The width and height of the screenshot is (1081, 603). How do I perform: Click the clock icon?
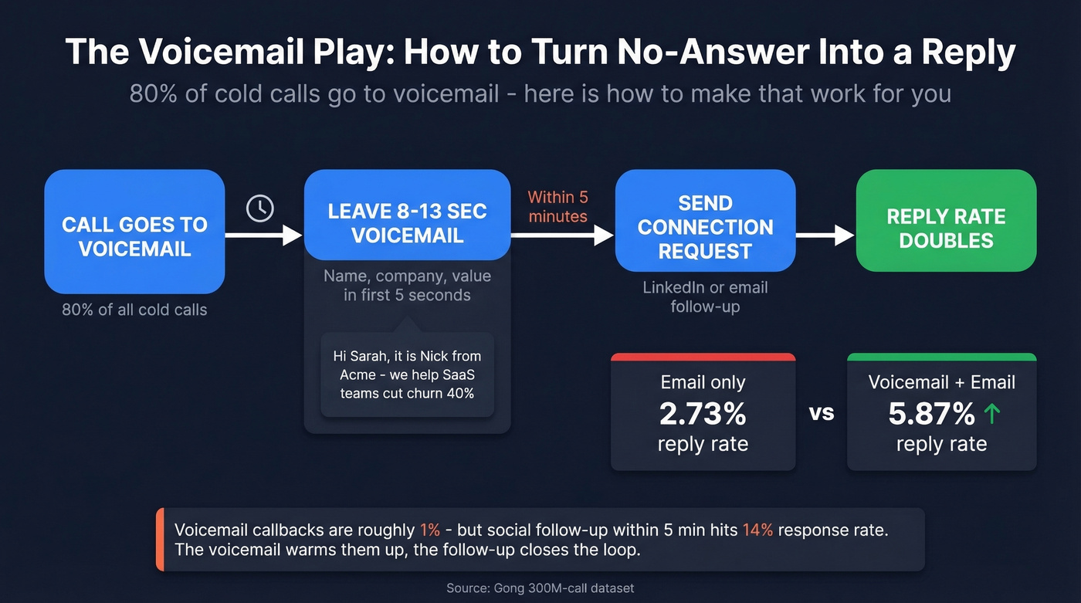click(260, 208)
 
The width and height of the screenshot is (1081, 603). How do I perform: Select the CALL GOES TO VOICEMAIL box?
click(134, 232)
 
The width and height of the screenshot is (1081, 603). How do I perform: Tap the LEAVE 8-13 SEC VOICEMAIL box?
click(407, 215)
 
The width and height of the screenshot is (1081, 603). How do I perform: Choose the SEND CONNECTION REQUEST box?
click(705, 222)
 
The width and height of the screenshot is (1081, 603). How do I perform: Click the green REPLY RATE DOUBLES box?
click(946, 222)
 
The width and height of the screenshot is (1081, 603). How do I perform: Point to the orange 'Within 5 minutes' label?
click(557, 207)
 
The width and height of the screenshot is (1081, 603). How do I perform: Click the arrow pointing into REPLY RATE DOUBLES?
click(825, 235)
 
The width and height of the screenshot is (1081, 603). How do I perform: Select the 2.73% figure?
click(703, 415)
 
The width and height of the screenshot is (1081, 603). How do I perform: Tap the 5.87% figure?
click(931, 415)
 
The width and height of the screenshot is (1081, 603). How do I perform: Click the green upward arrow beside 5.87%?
click(992, 415)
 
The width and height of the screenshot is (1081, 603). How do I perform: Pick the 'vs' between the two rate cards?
click(822, 413)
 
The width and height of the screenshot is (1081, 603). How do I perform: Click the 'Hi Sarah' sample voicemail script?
click(407, 374)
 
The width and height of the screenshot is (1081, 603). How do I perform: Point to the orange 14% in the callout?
click(757, 530)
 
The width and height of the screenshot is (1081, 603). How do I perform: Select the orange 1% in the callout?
click(430, 530)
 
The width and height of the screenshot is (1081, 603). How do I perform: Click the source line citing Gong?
click(540, 588)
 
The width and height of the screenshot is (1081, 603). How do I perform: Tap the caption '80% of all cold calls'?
click(134, 310)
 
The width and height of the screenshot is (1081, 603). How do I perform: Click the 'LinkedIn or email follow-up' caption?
click(705, 296)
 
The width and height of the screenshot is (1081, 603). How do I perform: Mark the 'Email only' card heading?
click(703, 382)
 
